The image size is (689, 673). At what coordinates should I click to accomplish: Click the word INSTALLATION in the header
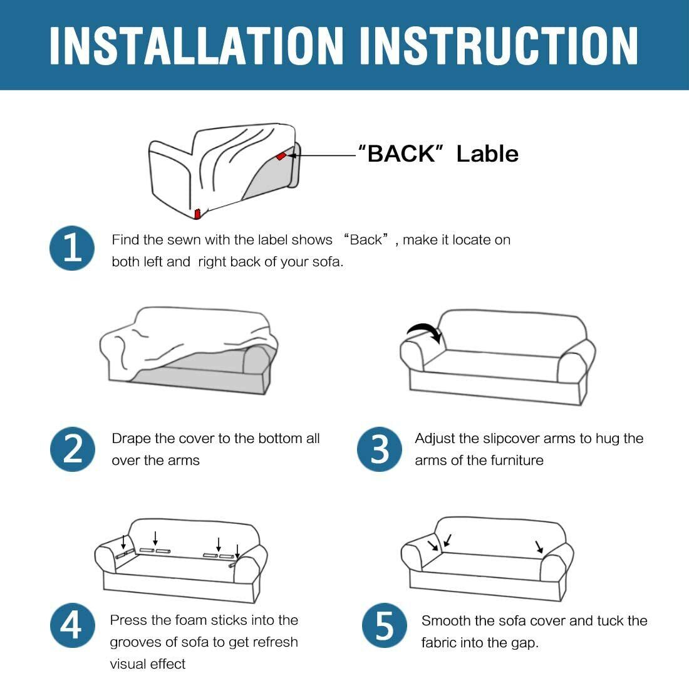click(196, 45)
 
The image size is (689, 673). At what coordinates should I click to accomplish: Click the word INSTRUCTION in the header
click(499, 45)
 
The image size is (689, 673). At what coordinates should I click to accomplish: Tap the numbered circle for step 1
click(72, 248)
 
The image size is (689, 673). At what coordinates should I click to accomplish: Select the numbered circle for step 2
click(73, 449)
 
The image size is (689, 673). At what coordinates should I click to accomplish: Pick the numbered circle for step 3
click(379, 449)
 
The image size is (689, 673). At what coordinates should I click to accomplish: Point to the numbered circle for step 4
click(72, 625)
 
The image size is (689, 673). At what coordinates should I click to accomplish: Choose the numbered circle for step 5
click(385, 625)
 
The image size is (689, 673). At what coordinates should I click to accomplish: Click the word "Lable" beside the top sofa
click(487, 154)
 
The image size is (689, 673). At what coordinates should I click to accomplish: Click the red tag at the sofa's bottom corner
click(197, 214)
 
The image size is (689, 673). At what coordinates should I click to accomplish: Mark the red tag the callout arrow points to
click(281, 155)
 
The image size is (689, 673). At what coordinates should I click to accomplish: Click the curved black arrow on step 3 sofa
click(425, 332)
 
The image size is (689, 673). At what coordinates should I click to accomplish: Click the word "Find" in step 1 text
click(125, 239)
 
